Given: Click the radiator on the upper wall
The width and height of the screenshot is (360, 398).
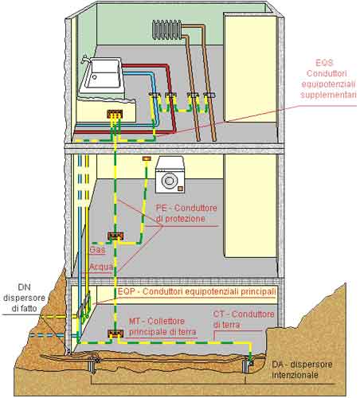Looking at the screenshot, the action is (x=166, y=29).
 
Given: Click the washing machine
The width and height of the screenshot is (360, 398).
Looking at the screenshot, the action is (x=170, y=175).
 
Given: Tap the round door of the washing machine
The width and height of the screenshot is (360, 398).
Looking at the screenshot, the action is (x=169, y=180).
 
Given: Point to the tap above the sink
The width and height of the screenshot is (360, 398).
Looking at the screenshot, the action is (x=85, y=60).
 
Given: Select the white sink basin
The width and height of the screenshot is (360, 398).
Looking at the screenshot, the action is (x=102, y=76).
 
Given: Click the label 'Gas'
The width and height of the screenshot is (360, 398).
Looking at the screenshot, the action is (x=97, y=250).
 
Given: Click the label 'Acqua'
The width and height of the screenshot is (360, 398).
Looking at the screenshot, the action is (x=101, y=267).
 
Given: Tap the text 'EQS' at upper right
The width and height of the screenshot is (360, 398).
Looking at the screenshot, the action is (x=324, y=63).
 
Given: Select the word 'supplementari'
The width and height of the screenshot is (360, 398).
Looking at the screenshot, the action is (x=328, y=95).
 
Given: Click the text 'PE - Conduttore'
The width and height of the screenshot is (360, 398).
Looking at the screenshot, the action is (x=186, y=208).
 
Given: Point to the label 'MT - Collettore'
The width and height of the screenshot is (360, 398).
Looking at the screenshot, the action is (x=157, y=321).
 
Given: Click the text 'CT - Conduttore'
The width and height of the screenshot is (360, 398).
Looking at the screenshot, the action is (x=244, y=314).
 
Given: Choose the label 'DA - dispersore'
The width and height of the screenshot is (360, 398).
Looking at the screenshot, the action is (x=302, y=365).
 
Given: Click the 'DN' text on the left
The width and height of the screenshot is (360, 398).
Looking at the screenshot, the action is (x=24, y=287).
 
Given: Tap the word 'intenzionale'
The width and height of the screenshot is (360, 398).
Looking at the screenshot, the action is (x=295, y=375).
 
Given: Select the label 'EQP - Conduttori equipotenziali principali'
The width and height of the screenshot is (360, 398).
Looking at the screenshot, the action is (x=197, y=291).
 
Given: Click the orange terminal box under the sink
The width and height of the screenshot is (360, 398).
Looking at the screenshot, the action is (x=115, y=114).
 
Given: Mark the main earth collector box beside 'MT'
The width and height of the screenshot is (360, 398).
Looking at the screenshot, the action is (x=115, y=334).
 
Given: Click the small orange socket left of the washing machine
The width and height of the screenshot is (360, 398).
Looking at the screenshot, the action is (x=147, y=158).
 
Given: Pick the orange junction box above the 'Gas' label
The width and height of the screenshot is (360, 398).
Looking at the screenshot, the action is (x=115, y=236).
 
